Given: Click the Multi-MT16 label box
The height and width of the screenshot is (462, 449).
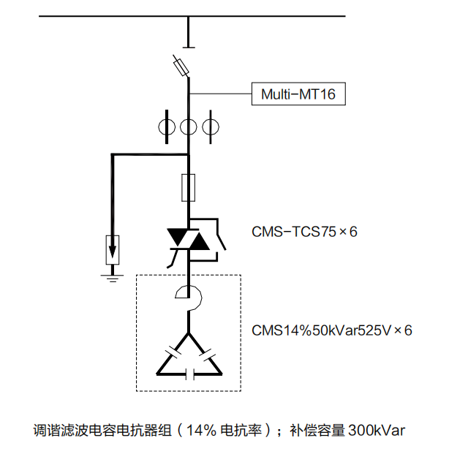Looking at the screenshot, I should pos(298,94).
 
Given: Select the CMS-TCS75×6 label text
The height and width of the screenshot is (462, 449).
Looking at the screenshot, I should pos(304,232).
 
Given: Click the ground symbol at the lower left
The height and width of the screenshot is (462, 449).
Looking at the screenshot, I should pos(112,275).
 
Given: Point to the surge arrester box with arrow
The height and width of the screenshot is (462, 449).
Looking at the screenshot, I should pos(112,249).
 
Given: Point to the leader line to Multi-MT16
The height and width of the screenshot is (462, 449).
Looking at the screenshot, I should pos(220,94).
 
